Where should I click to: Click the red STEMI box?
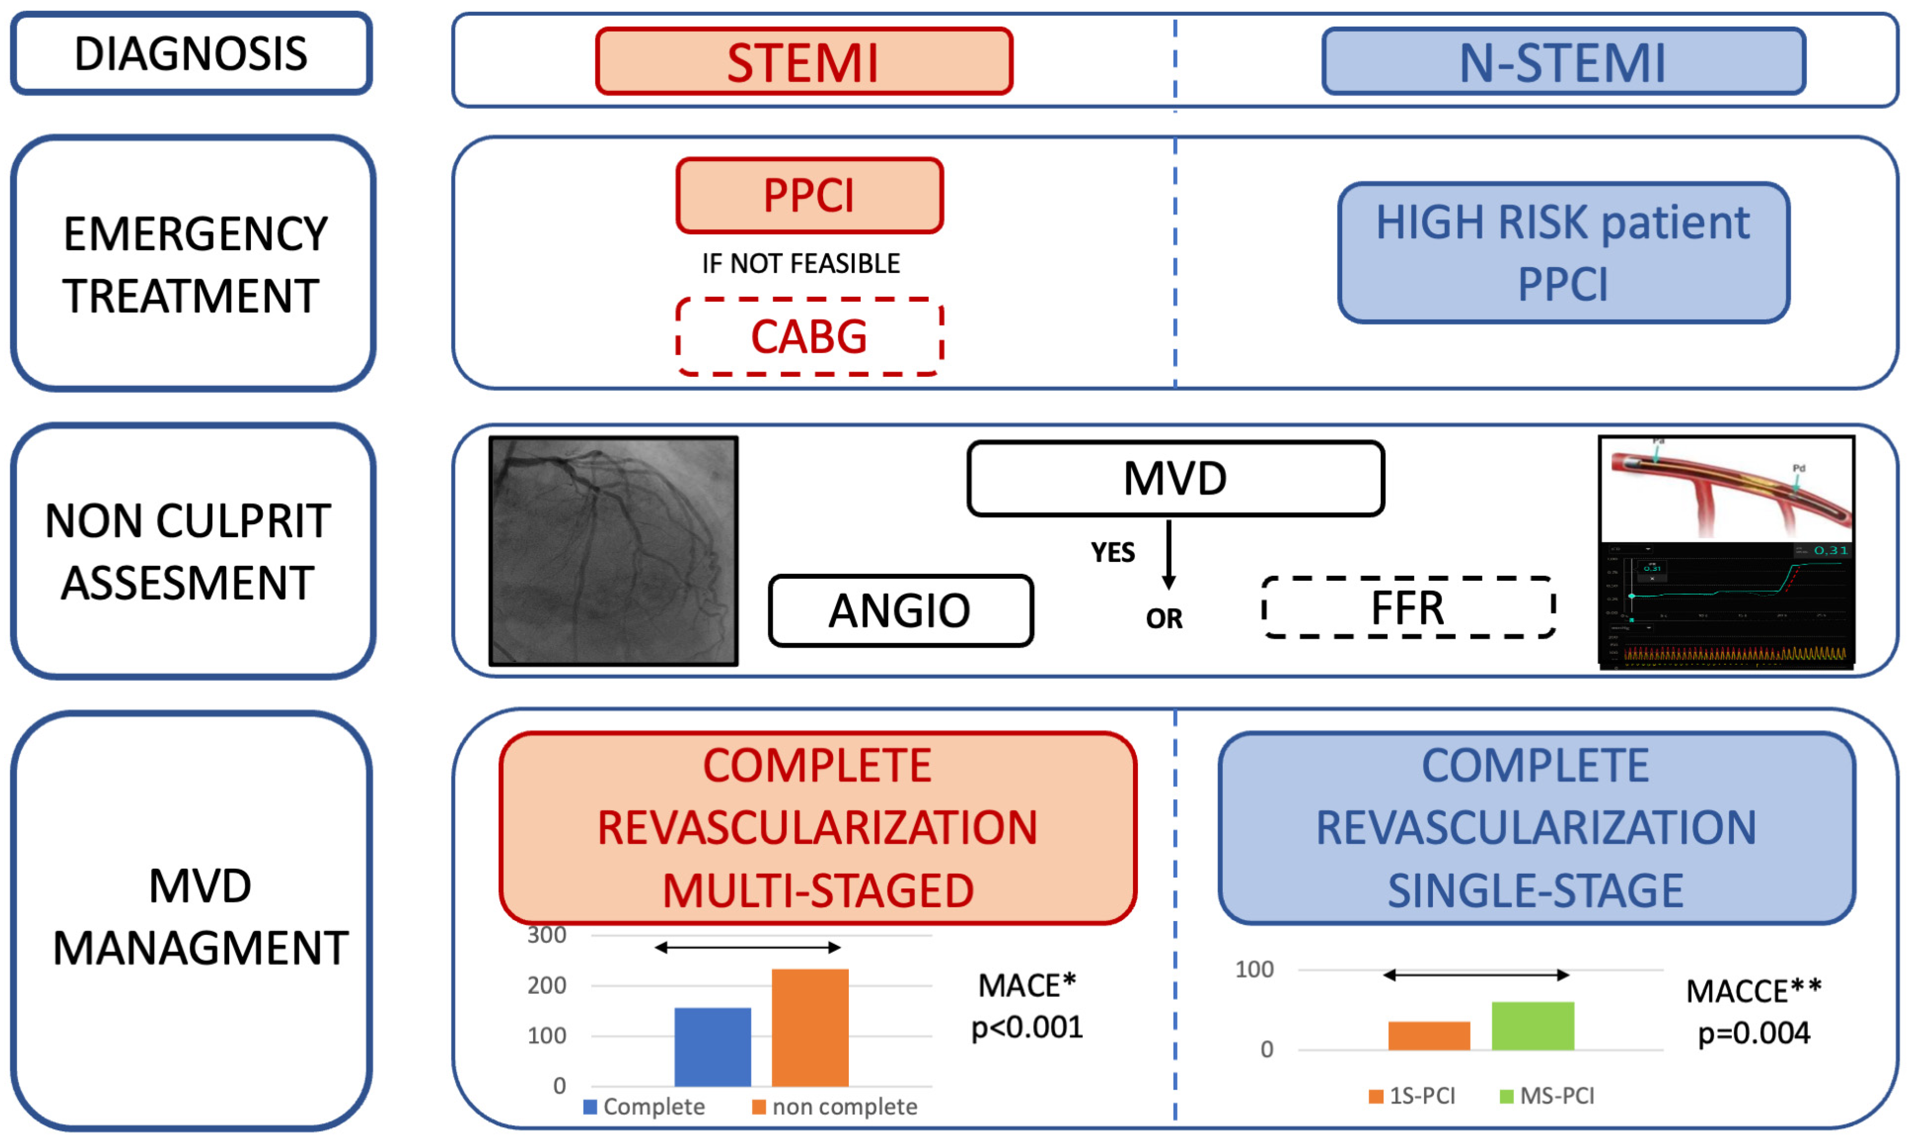803,62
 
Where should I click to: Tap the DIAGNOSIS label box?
191,54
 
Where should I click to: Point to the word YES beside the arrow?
1112,553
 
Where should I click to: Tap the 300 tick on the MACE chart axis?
547,935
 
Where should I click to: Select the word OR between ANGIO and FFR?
1164,618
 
